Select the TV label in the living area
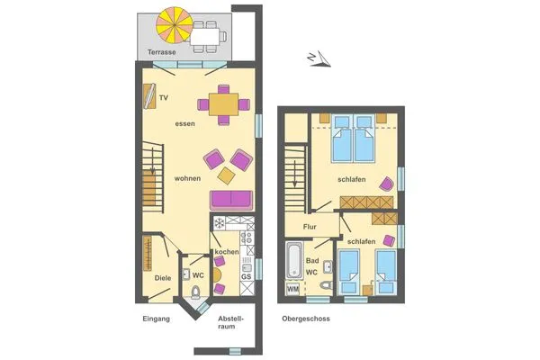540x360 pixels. coord(164,97)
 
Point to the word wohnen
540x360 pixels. coord(187,178)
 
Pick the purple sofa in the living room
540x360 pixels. coord(232,199)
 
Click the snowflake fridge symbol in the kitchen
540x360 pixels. coord(219,222)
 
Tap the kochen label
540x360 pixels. coord(227,252)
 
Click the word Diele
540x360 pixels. coord(162,278)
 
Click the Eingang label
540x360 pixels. coord(156,319)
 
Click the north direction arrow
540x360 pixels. coord(319,58)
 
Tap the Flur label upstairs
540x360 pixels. coord(310,227)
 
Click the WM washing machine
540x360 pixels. coord(292,289)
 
